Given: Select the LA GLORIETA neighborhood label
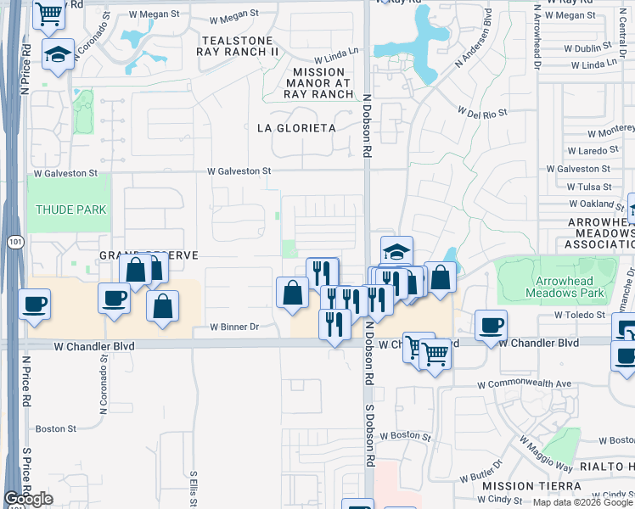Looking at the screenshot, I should (x=296, y=128).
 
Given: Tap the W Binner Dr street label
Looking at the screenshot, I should (x=233, y=327).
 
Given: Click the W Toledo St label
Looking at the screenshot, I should (x=582, y=315).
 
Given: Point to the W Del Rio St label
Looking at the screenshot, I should (x=481, y=112).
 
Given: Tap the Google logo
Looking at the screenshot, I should (x=28, y=499).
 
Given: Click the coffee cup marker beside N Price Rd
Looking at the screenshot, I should (x=34, y=304).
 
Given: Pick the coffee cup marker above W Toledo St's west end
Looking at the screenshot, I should (x=490, y=325).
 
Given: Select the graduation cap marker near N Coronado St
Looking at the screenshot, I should (x=58, y=56).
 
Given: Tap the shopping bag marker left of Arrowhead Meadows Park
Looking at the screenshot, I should (x=441, y=277).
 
